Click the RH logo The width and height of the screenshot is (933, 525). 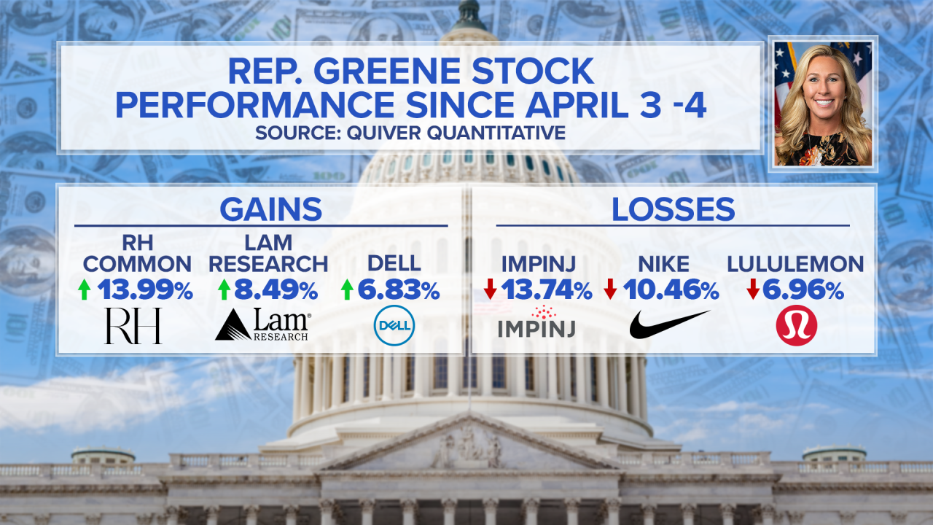(x=133, y=326)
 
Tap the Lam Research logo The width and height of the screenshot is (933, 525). (x=263, y=324)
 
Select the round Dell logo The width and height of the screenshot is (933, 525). (x=394, y=325)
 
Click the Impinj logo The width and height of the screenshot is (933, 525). (x=536, y=322)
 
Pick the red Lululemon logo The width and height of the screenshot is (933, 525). (x=797, y=325)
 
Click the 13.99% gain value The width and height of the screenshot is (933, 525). (x=145, y=290)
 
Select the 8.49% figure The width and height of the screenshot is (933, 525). (x=276, y=290)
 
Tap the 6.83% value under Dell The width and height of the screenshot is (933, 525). (x=399, y=290)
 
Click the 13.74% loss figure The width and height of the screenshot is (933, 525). (x=546, y=290)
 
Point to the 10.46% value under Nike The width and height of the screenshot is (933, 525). (x=671, y=290)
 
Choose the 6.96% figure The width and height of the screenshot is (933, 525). (x=803, y=290)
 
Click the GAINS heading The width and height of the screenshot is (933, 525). (x=270, y=209)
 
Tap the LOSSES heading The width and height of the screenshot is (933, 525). (x=673, y=209)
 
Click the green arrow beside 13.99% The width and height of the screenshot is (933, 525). (x=85, y=289)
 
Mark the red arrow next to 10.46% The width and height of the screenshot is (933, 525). (x=610, y=289)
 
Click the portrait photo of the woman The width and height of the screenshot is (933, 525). (x=823, y=104)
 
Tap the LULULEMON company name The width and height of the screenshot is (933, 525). (x=795, y=264)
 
